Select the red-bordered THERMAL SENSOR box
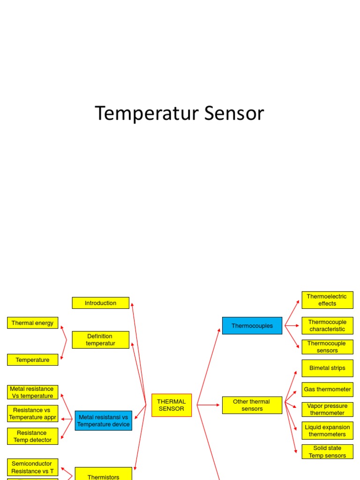pos(171,405)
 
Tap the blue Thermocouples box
pos(252,326)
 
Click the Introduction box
pos(100,303)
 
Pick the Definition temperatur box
pos(100,340)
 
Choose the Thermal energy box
pos(33,322)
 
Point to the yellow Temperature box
pos(33,360)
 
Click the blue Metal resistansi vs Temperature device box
pos(103,420)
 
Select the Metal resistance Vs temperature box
pos(33,392)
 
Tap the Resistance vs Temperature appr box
pos(33,413)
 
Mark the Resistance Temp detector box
pos(33,436)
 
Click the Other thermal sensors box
pos(252,405)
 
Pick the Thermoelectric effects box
pos(327,300)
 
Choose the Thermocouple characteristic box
pos(327,325)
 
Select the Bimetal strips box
pos(327,368)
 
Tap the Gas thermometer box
pos(327,389)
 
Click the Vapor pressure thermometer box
pos(327,409)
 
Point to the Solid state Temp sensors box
pos(327,451)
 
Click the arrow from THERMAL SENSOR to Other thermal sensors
pos(209,405)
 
